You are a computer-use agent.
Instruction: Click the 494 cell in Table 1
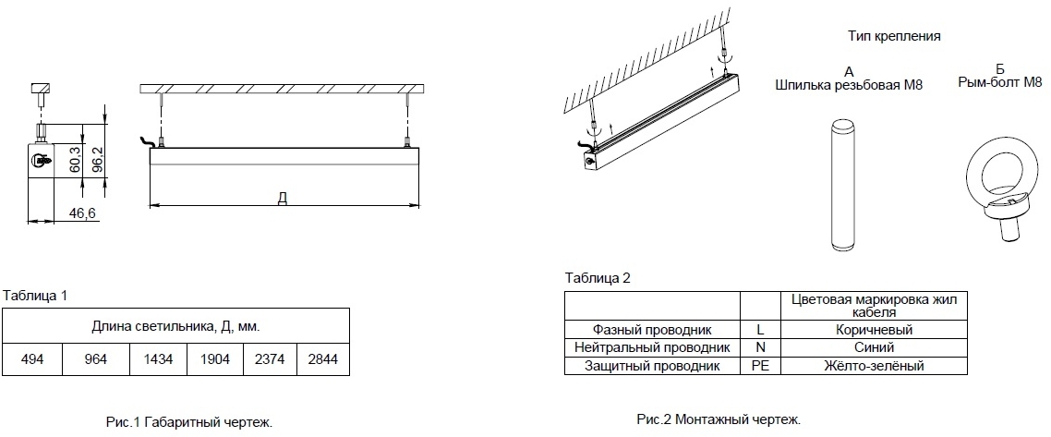[x=32, y=360]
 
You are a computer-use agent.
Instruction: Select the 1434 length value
[x=158, y=360]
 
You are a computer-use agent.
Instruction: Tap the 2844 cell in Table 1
[x=323, y=360]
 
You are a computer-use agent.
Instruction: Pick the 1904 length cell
[x=215, y=360]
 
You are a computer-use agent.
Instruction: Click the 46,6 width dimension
[x=83, y=213]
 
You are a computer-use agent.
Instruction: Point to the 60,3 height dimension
[x=75, y=160]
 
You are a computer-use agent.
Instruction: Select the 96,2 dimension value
[x=97, y=160]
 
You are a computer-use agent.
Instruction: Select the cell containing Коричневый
[x=874, y=330]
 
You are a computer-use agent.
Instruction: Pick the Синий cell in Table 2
[x=874, y=347]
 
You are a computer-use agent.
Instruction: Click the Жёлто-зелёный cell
[x=874, y=365]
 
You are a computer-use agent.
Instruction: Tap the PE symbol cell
[x=761, y=365]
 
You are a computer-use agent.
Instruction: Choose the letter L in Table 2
[x=761, y=330]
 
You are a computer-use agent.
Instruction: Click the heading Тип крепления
[x=894, y=36]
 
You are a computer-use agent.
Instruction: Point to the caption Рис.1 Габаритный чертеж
[x=189, y=422]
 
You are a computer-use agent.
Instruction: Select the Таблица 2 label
[x=598, y=277]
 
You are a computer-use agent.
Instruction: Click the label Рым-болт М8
[x=1000, y=82]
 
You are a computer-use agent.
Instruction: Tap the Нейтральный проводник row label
[x=652, y=347]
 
